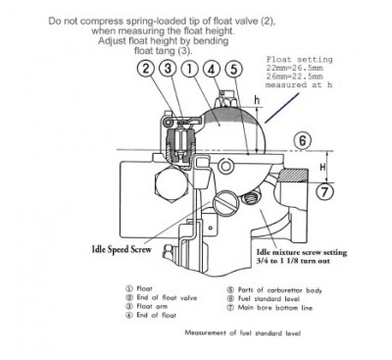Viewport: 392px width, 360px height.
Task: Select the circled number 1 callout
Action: point(191,70)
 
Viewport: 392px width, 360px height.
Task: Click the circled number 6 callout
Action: point(304,140)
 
